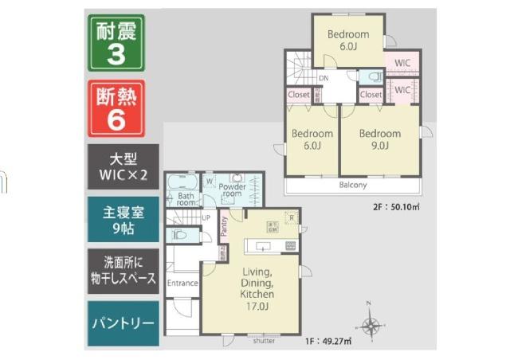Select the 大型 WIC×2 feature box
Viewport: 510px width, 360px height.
(x=124, y=166)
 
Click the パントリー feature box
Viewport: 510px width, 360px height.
(x=124, y=324)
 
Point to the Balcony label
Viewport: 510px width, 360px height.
(x=353, y=186)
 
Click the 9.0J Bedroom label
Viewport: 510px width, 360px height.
(x=379, y=139)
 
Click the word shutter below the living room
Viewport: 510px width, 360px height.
(x=264, y=341)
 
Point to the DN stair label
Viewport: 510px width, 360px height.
(x=324, y=79)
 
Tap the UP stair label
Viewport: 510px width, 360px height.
(x=206, y=217)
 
